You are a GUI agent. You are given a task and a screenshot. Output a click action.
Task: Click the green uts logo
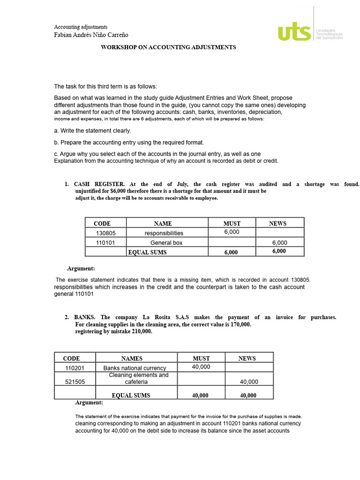(294, 32)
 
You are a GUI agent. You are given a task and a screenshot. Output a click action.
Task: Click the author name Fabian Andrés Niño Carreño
(91, 35)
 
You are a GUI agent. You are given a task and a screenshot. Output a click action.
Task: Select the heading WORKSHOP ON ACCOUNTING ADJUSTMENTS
(169, 47)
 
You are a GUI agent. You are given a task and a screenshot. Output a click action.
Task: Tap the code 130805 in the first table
(105, 233)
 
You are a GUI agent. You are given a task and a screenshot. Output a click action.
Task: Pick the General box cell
(166, 243)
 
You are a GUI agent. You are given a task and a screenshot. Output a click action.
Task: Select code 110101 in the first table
(105, 243)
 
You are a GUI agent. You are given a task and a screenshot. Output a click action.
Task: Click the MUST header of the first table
(232, 224)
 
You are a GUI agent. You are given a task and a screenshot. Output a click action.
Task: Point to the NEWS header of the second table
(247, 359)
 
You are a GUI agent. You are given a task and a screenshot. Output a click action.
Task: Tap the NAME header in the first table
(163, 224)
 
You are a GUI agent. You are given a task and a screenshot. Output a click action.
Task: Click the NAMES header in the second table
(132, 359)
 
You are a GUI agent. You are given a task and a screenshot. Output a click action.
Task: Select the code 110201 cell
(75, 368)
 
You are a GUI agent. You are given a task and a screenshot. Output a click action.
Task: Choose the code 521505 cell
(75, 382)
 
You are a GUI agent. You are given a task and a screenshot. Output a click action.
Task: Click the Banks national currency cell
(135, 368)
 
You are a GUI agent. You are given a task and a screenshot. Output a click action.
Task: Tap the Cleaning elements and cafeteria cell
(138, 379)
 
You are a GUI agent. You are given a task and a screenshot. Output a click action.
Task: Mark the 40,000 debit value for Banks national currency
(201, 367)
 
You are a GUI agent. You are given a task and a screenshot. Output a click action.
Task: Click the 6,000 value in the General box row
(279, 243)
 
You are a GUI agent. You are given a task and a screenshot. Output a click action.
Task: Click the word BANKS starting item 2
(85, 317)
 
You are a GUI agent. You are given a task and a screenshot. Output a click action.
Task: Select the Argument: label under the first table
(81, 269)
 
